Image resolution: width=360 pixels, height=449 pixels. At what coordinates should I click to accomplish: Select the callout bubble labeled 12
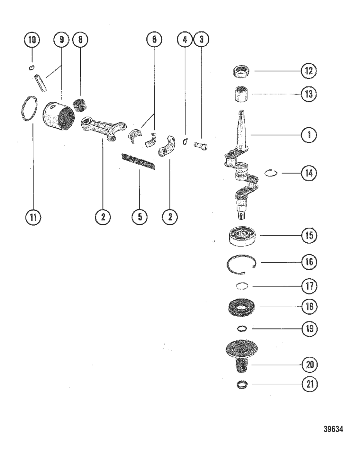pos(309,71)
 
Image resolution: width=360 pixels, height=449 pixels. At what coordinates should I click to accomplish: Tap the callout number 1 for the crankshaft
pos(309,135)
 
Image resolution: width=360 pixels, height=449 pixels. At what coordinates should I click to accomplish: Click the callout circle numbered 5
pos(139,217)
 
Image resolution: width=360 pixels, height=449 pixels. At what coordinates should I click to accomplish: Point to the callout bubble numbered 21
pos(310,384)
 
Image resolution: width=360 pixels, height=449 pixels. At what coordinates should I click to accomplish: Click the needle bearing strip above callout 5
pos(138,162)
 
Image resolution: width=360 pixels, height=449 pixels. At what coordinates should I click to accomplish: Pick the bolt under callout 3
pos(201,146)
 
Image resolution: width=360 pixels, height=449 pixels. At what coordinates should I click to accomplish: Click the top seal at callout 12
pos(241,71)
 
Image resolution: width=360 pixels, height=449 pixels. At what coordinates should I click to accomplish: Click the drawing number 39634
pos(333,429)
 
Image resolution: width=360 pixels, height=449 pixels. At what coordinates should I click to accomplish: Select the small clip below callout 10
pos(32,67)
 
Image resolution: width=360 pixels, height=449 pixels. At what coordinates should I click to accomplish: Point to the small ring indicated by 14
pos(271,173)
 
